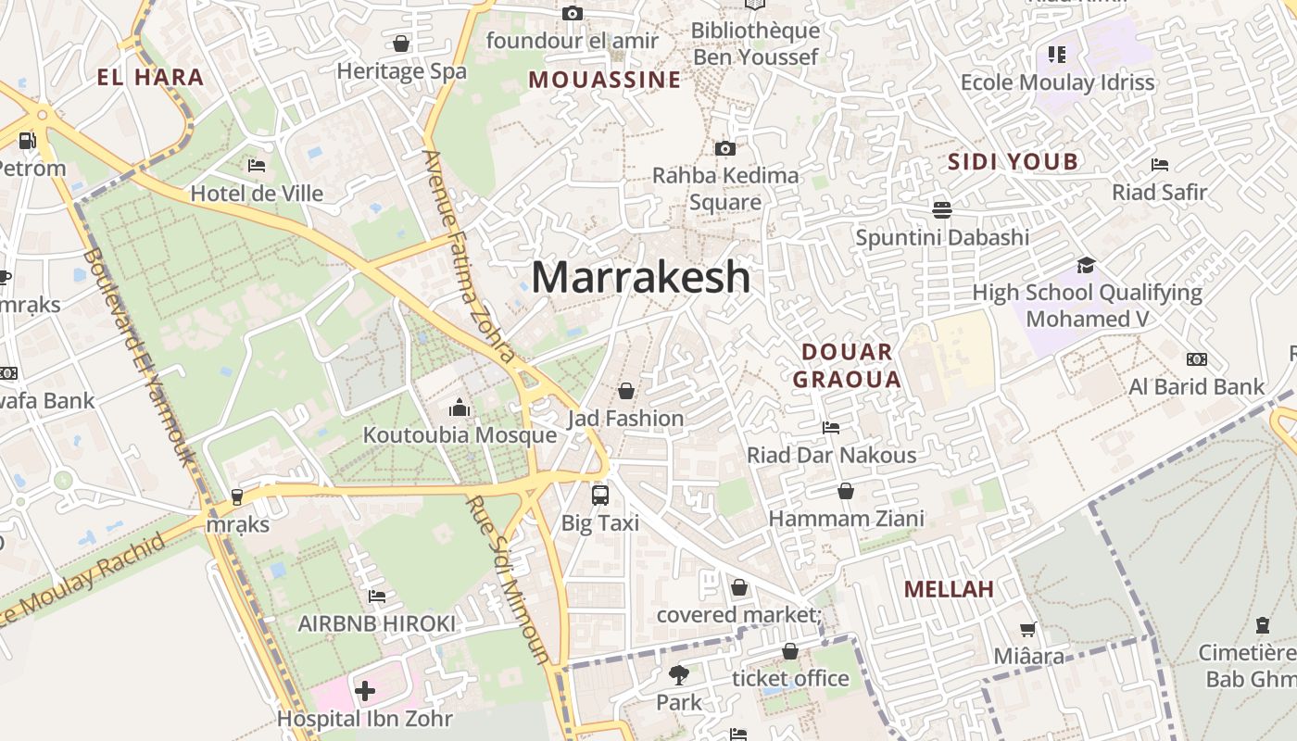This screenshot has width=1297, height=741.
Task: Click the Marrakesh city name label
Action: coord(641,277)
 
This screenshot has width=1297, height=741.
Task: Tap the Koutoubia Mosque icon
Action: coord(460,408)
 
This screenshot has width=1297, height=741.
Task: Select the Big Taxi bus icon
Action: coord(600,495)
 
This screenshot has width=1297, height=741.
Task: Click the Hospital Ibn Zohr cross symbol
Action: coord(365,691)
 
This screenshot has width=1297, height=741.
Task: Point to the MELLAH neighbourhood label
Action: coord(949,589)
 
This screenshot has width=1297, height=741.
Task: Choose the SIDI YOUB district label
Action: coord(1013,162)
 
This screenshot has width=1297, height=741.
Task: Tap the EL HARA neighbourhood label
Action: coord(150,77)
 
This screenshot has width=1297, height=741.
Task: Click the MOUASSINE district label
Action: coord(605,80)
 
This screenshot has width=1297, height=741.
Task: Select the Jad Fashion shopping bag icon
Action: coord(626,391)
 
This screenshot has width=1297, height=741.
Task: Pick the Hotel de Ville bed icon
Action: coord(257,166)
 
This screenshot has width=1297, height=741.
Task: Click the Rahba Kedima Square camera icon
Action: coord(725,148)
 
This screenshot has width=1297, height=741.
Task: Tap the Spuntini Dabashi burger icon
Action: coord(942,209)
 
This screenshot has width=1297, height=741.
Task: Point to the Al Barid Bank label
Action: coord(1197,386)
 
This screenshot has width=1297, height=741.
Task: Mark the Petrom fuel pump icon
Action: coord(28,141)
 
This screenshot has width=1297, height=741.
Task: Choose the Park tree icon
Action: coord(679,675)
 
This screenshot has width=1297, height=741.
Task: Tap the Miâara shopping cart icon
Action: coord(1027,630)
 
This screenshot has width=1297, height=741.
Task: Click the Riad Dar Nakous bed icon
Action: coord(831,428)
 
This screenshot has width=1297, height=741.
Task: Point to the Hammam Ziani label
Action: coord(847,518)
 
